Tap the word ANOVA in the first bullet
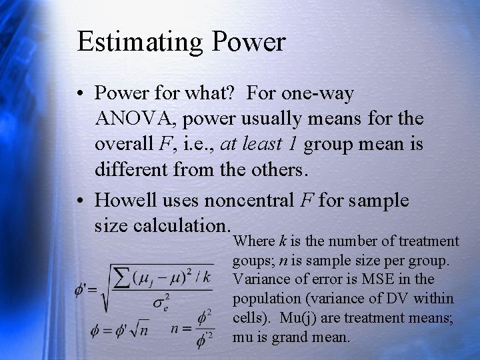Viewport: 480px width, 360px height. [136, 119]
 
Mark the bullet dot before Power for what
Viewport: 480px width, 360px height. [83, 94]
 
